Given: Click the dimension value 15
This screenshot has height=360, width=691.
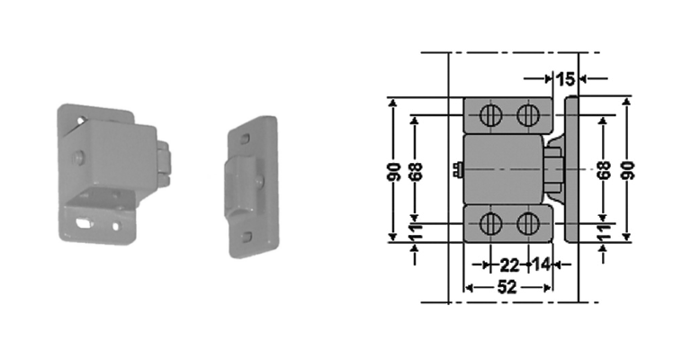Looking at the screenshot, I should [x=565, y=79].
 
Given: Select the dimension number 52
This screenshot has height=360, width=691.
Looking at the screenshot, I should [x=507, y=287].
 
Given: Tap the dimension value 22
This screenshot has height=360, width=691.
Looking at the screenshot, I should [x=509, y=265].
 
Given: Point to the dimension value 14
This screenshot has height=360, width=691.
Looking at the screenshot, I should [x=540, y=265].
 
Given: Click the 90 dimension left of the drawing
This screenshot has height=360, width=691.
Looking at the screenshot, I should [x=394, y=169].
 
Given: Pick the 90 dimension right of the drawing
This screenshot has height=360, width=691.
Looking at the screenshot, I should [x=628, y=169].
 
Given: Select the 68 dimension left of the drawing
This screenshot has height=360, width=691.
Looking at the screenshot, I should [x=415, y=169].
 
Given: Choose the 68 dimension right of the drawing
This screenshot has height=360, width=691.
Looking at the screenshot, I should [x=605, y=169].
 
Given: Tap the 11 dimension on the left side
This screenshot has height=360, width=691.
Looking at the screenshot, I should [x=416, y=232].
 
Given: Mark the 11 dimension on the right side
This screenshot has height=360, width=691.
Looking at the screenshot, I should [x=605, y=232].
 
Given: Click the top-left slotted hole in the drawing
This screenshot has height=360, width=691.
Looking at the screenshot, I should [x=491, y=114].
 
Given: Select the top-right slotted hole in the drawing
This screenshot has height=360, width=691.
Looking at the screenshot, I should [x=528, y=114].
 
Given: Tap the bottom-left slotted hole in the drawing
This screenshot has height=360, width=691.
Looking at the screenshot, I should [x=491, y=223].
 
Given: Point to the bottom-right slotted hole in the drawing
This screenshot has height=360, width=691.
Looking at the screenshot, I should [x=528, y=223].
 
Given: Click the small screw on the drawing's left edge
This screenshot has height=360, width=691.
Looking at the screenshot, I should [x=458, y=168].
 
